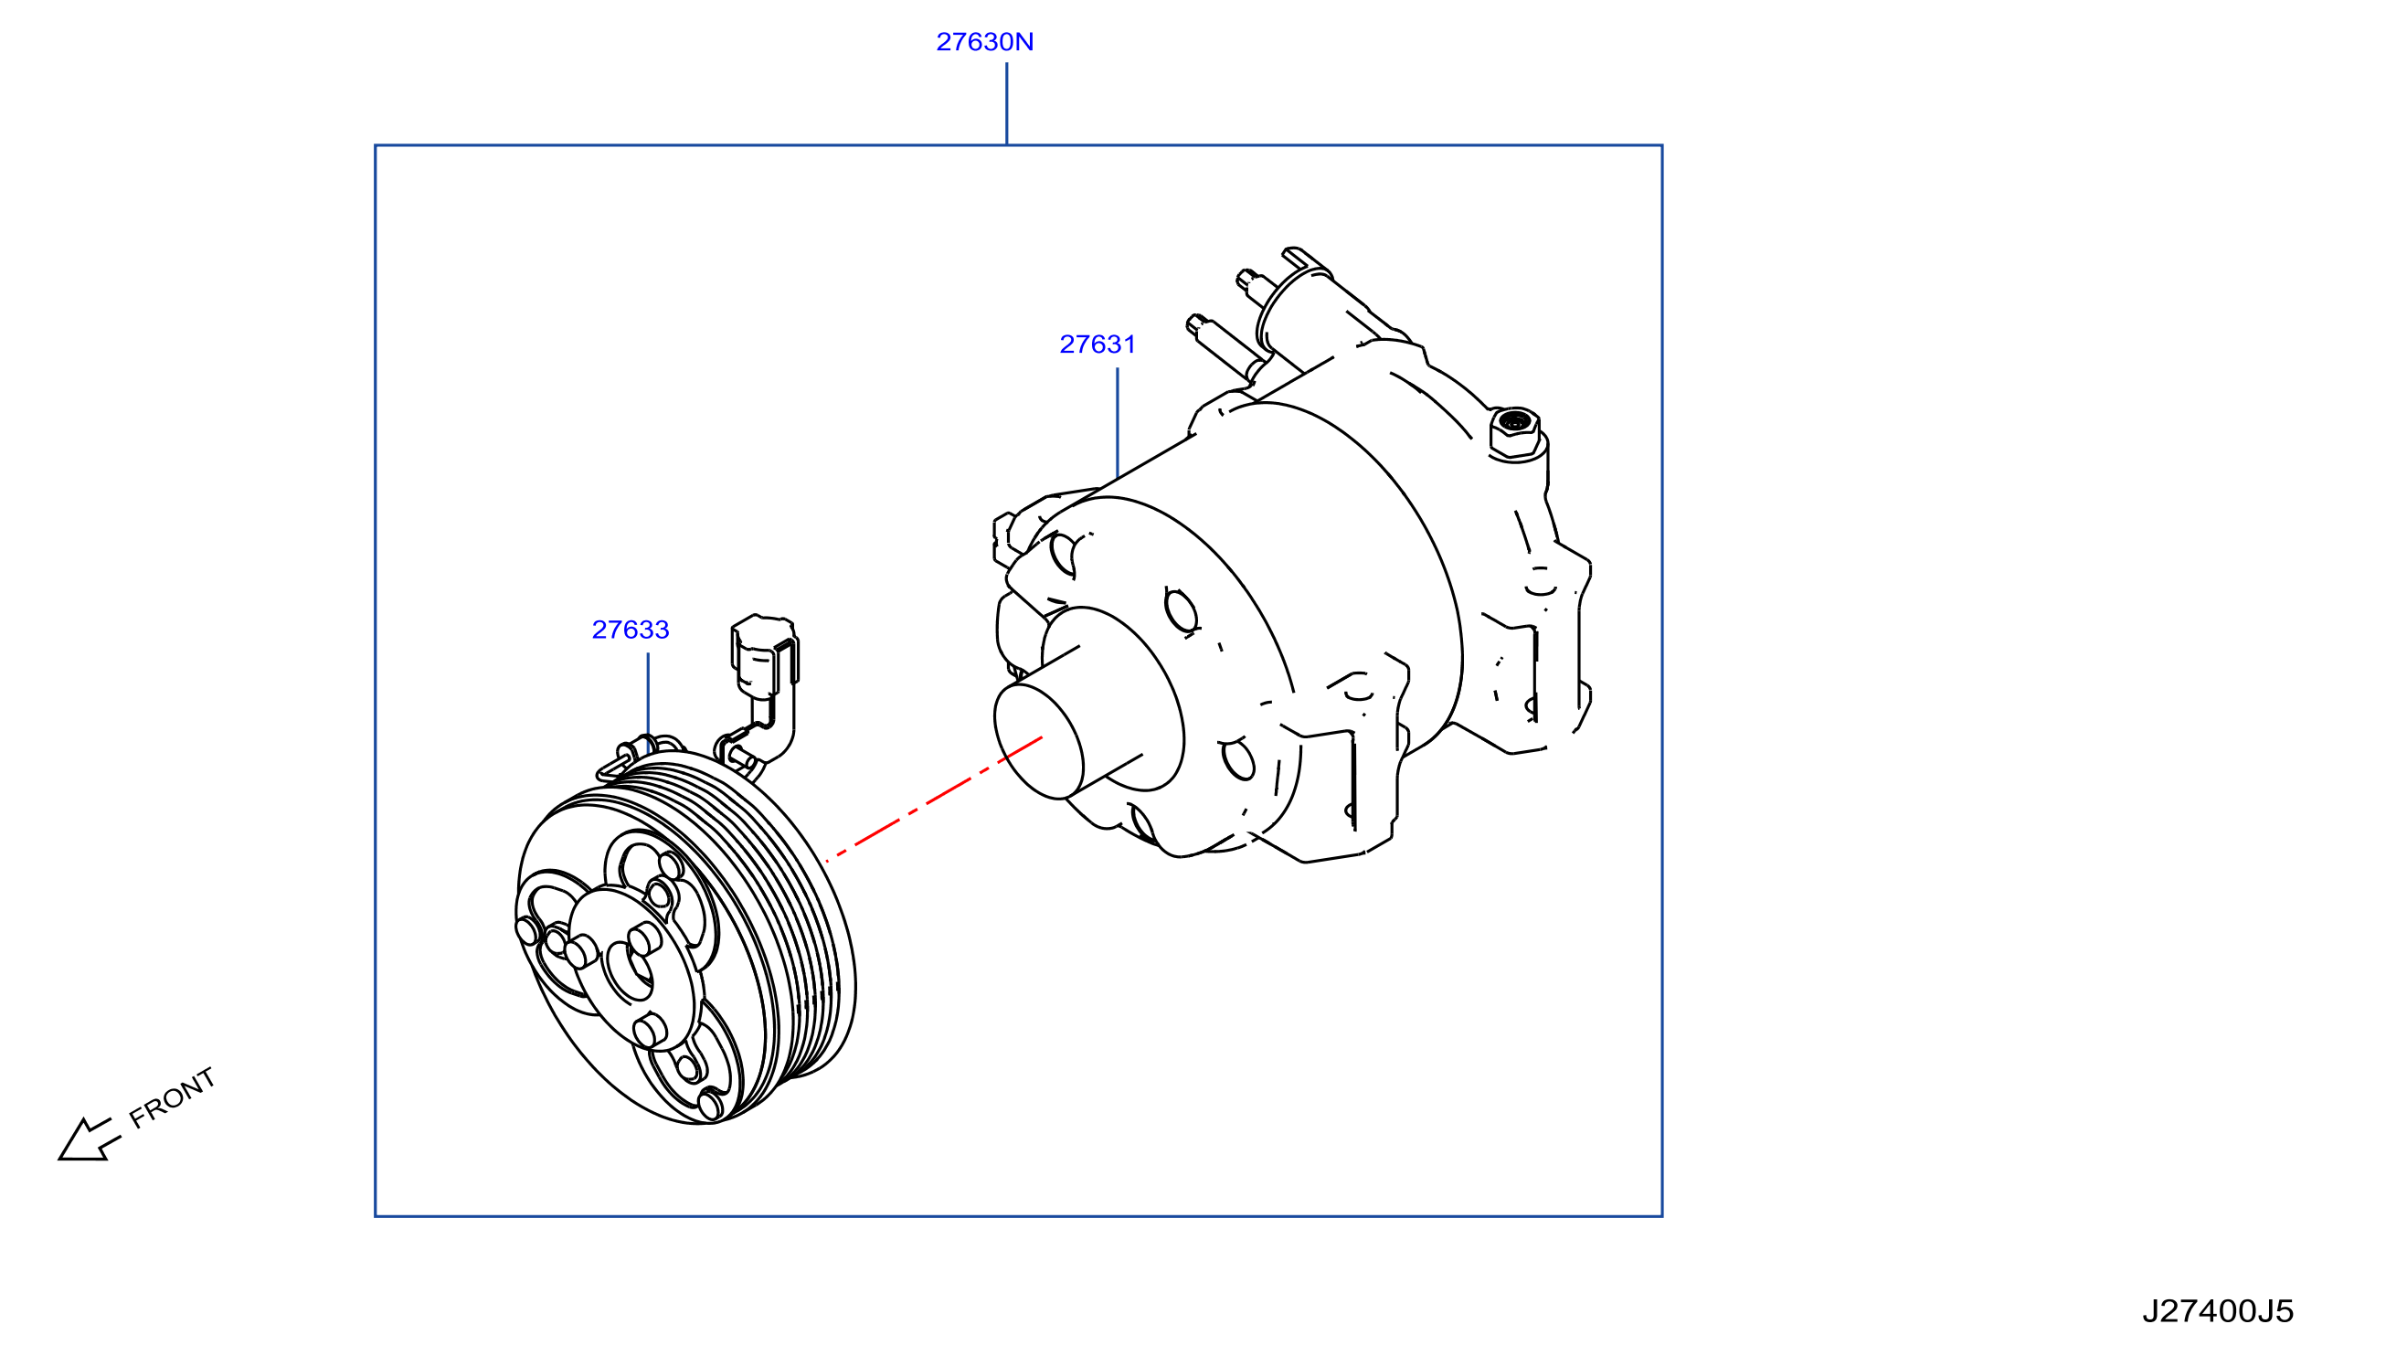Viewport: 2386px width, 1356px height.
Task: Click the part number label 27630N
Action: click(x=984, y=42)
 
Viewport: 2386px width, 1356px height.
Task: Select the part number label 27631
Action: click(x=1098, y=344)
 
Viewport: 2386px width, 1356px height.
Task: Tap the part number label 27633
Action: click(x=631, y=630)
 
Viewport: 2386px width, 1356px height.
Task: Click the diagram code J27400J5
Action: click(x=2218, y=1311)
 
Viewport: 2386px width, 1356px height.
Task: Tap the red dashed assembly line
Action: click(x=933, y=799)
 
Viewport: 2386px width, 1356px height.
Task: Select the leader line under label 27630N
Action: click(x=1007, y=103)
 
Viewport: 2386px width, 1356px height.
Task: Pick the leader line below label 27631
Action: click(x=1117, y=423)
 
